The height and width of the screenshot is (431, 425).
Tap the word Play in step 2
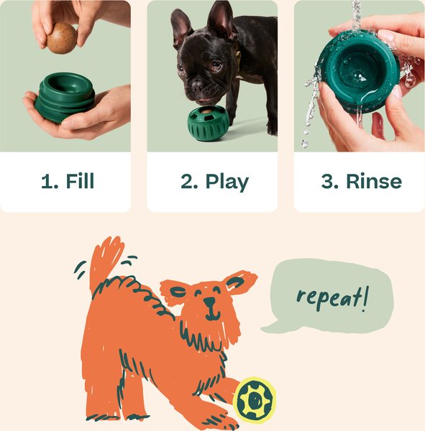[x=227, y=181]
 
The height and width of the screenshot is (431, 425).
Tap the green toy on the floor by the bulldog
[x=208, y=123]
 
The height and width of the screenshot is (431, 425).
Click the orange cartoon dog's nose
[x=209, y=302]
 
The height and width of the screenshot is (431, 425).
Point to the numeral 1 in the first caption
[x=47, y=181]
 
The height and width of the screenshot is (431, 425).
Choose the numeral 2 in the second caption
[x=188, y=181]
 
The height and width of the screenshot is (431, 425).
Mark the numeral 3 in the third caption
[x=329, y=181]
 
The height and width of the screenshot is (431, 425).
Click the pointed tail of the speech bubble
[x=269, y=326]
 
